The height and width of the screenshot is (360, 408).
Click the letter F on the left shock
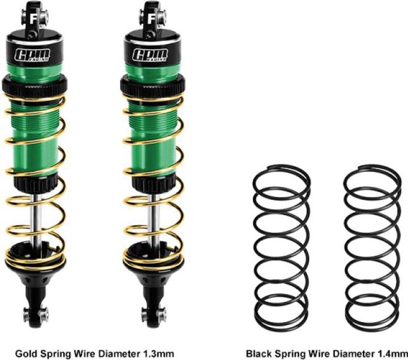pos(33,19)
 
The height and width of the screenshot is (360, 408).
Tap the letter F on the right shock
pos(151,19)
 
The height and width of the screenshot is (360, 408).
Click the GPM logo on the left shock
pos(32,55)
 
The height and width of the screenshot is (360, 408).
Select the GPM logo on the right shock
pos(150,55)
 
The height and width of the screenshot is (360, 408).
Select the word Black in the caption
pos(259,354)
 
